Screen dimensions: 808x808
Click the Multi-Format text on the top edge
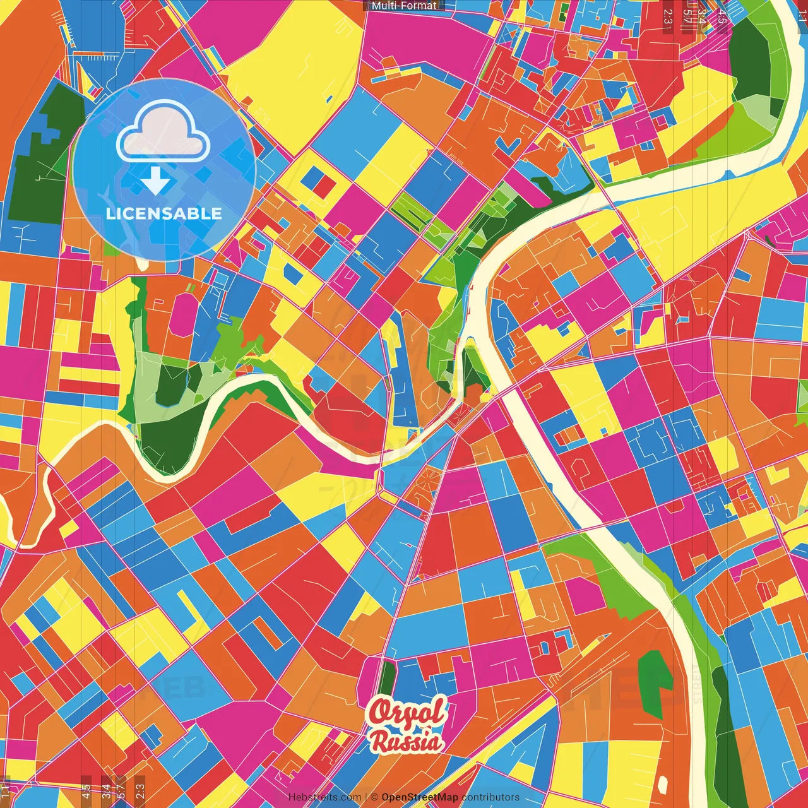(404, 6)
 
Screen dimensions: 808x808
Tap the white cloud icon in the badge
(163, 133)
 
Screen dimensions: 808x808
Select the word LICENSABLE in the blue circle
(164, 213)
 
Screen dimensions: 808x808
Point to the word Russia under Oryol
(407, 740)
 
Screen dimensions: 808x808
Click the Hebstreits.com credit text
(324, 797)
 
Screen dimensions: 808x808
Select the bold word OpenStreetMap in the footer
(420, 797)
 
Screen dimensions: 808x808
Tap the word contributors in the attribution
(490, 797)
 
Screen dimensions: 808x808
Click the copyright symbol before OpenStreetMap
(374, 797)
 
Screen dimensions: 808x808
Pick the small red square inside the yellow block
(325, 186)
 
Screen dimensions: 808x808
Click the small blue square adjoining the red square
(311, 178)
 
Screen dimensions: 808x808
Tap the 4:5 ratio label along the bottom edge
(86, 790)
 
